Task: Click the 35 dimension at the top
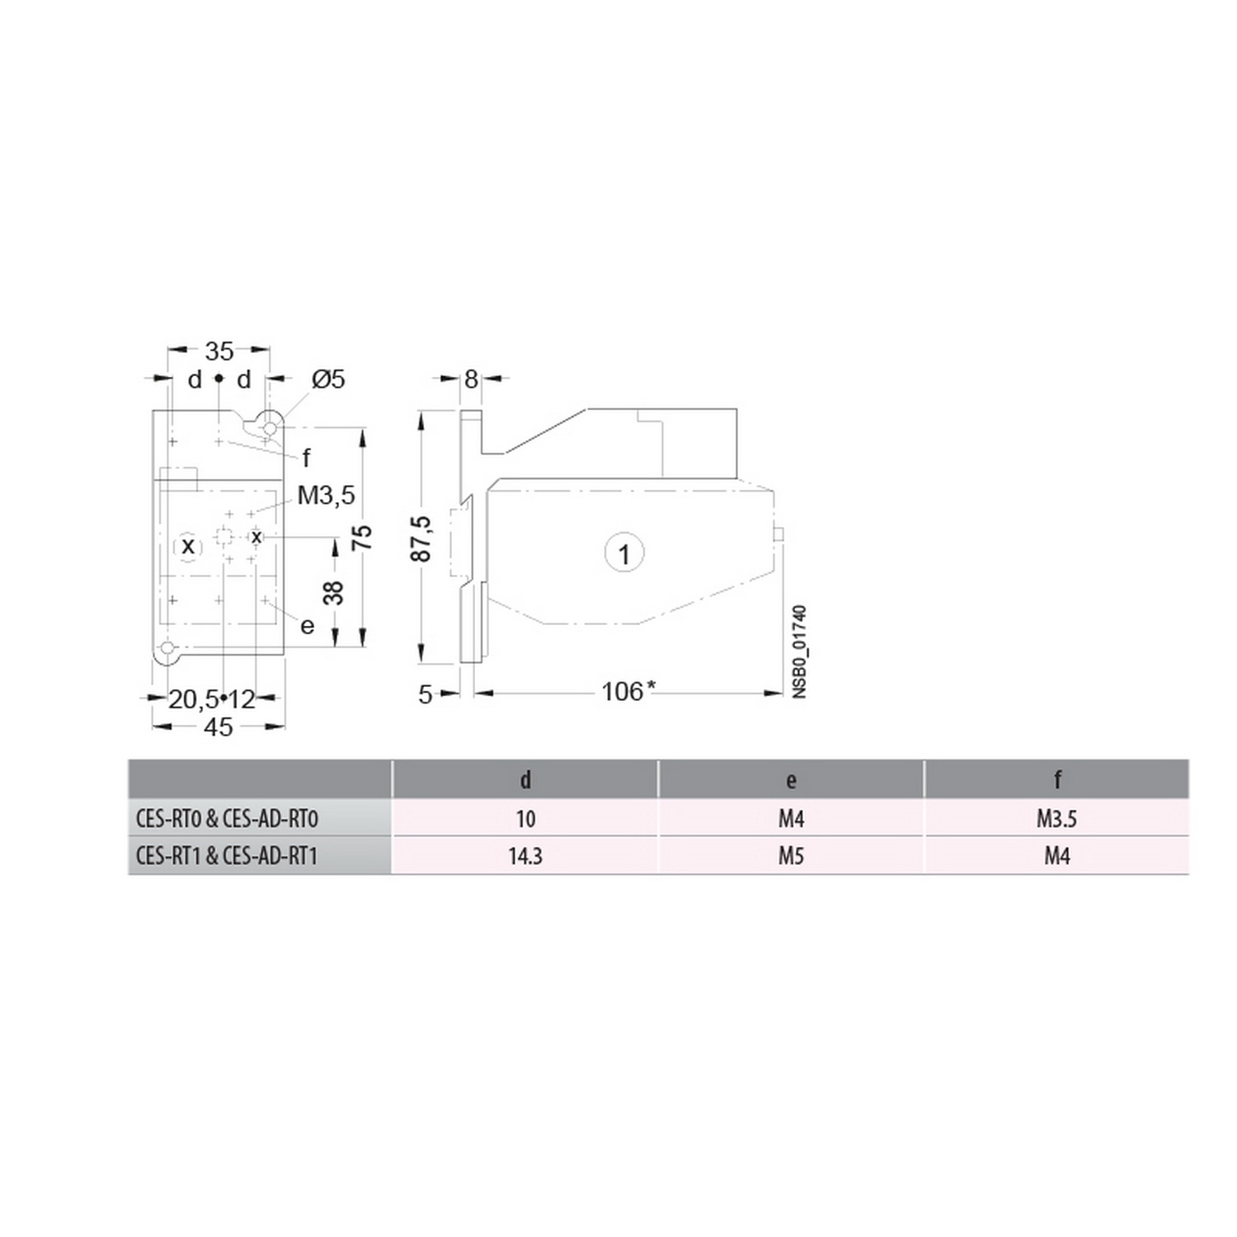[x=219, y=351]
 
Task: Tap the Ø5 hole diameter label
[x=328, y=379]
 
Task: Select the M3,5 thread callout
[x=327, y=495]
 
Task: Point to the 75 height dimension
[x=362, y=538]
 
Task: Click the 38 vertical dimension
[x=333, y=593]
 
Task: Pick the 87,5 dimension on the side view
[x=421, y=539]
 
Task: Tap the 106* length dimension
[x=628, y=691]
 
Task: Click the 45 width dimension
[x=219, y=727]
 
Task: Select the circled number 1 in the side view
[x=624, y=553]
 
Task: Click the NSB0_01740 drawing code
[x=799, y=652]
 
